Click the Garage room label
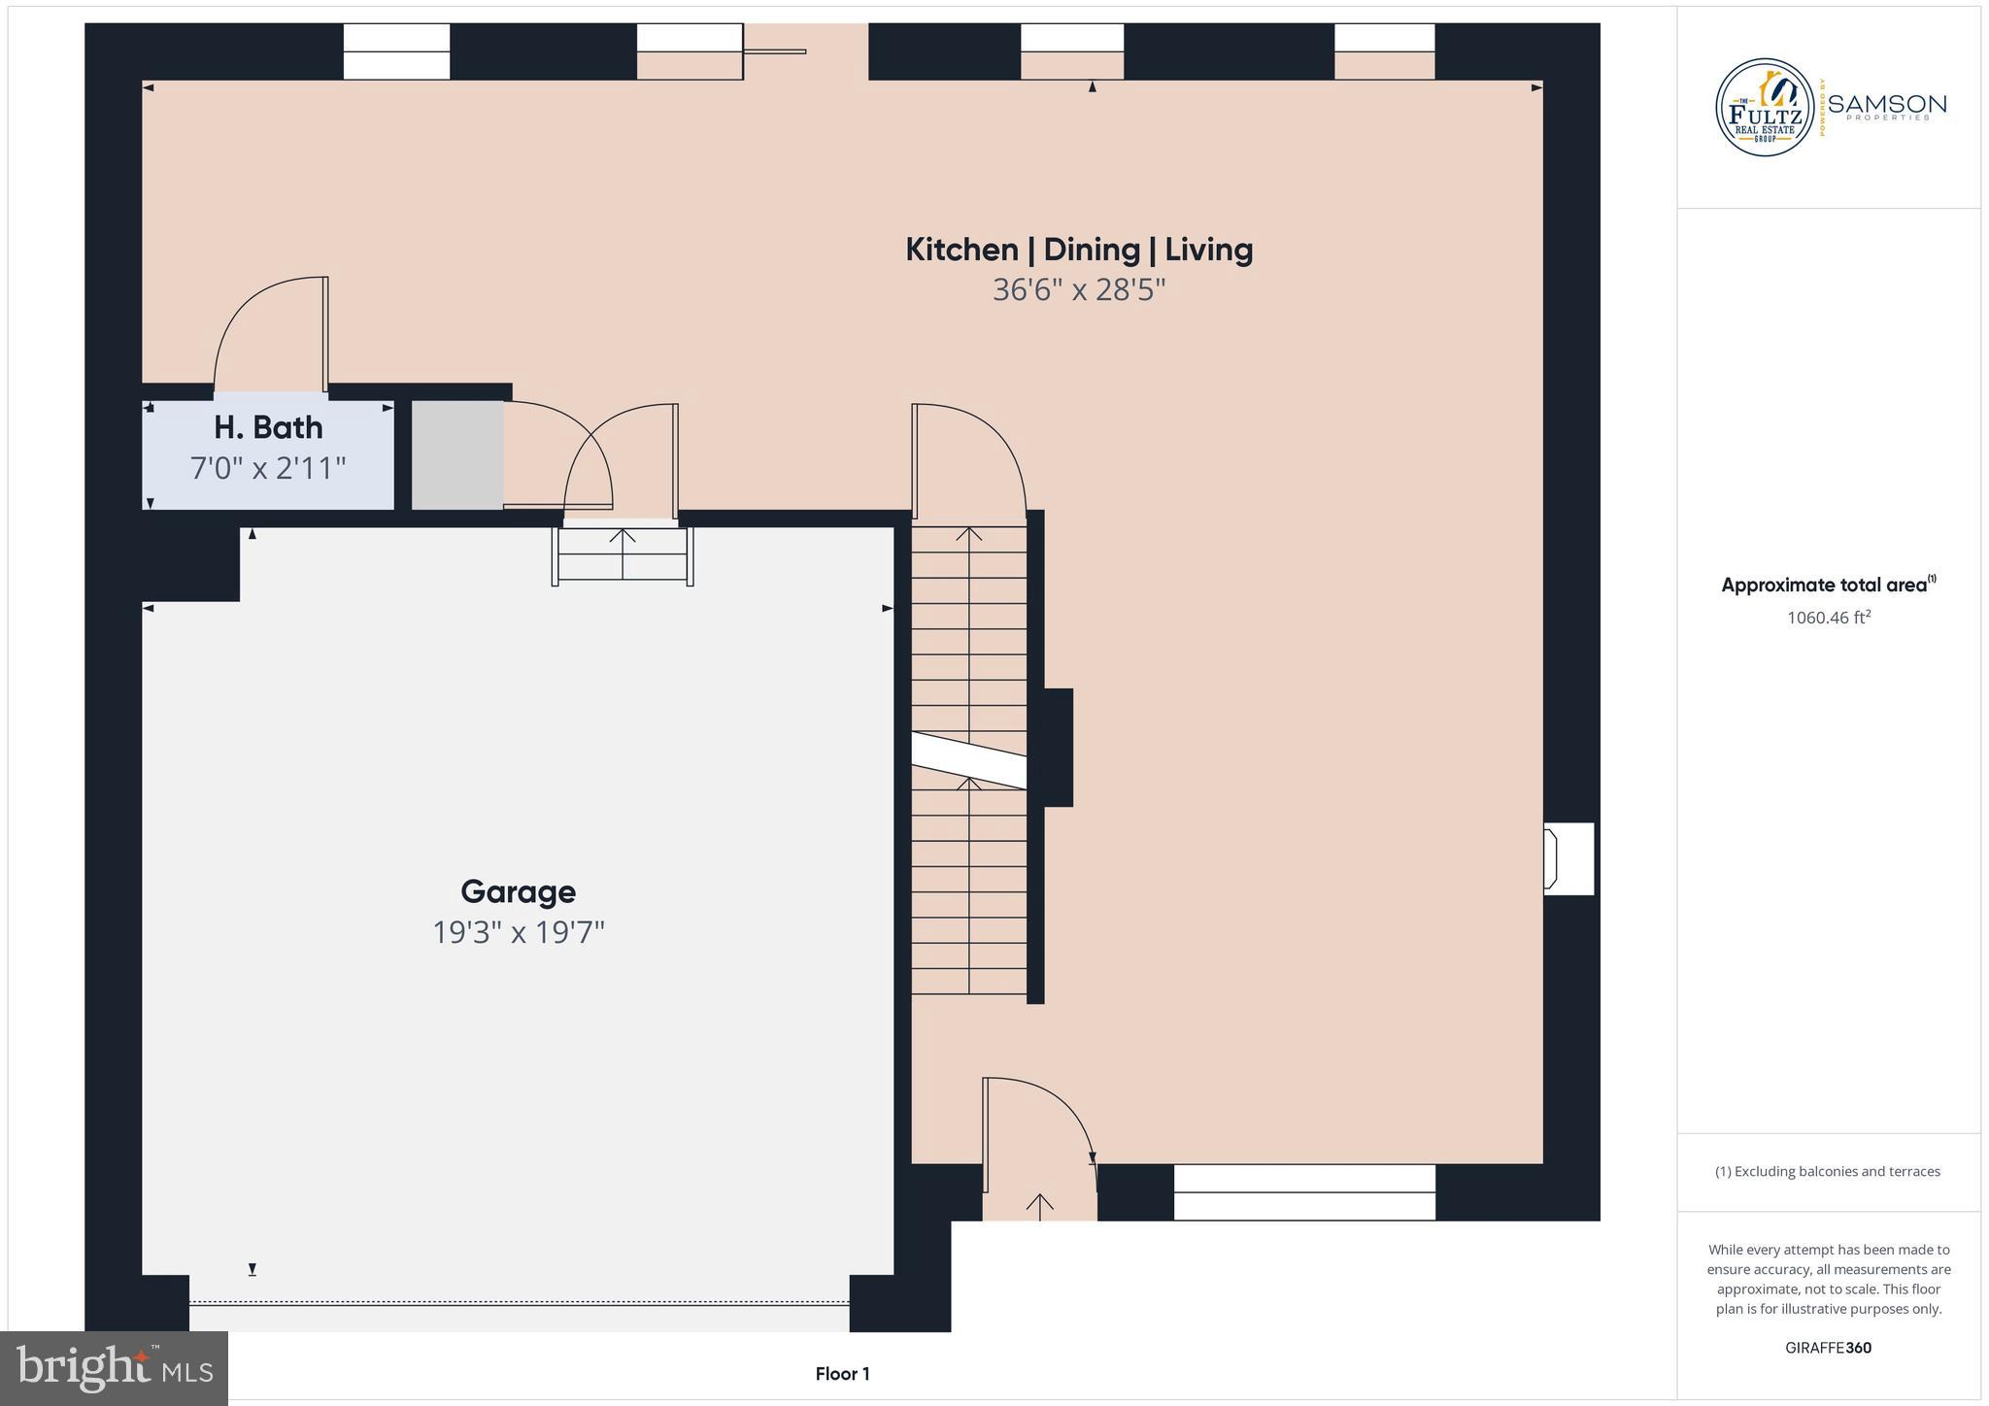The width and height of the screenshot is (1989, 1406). pyautogui.click(x=518, y=891)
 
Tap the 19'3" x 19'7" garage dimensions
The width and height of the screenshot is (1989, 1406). pyautogui.click(x=518, y=933)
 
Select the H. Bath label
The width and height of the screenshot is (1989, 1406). pyautogui.click(x=268, y=427)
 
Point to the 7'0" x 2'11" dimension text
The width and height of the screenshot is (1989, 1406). pyautogui.click(x=268, y=469)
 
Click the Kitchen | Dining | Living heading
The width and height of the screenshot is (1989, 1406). pyautogui.click(x=1079, y=250)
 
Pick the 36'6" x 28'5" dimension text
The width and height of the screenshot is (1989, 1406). pyautogui.click(x=1079, y=290)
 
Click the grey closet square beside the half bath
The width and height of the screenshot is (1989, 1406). pyautogui.click(x=457, y=454)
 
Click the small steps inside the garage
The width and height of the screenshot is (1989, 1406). pyautogui.click(x=623, y=555)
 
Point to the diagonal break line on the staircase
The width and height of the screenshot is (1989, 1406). pyautogui.click(x=968, y=760)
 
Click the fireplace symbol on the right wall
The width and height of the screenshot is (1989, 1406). pyautogui.click(x=1567, y=858)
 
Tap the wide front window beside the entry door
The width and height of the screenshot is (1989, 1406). pyautogui.click(x=1303, y=1191)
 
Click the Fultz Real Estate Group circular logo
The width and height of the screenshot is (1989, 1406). pyautogui.click(x=1765, y=108)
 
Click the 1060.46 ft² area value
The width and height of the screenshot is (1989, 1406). pyautogui.click(x=1828, y=618)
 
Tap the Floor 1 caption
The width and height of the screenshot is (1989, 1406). pyautogui.click(x=842, y=1374)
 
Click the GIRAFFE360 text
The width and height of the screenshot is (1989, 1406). pyautogui.click(x=1828, y=1348)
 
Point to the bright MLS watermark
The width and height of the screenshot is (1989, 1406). pyautogui.click(x=115, y=1368)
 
